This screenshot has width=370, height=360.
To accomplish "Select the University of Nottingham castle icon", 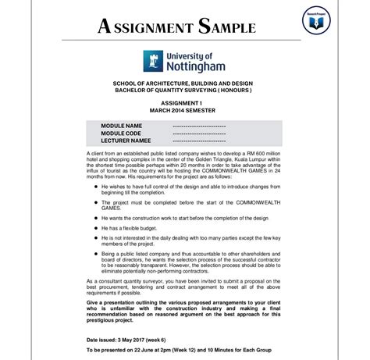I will pos(151,61).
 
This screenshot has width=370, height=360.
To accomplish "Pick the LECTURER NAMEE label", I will pos(126,141).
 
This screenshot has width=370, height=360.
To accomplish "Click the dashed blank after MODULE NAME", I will pos(200,126).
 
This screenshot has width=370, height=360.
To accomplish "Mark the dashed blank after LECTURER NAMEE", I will pos(200,141).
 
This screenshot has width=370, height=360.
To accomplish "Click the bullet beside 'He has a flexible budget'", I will pos(94,227).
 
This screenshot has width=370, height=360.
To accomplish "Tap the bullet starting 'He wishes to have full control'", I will pos(94,187).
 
